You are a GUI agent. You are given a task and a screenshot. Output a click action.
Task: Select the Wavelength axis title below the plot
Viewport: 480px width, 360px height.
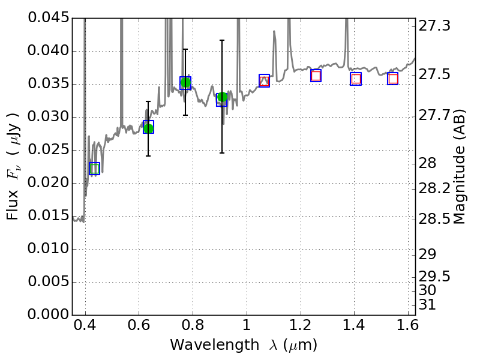243,346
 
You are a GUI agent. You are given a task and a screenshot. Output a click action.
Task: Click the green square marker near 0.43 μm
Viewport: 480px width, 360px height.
94,169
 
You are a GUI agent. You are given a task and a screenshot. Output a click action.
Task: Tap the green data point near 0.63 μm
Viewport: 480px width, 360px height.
148,127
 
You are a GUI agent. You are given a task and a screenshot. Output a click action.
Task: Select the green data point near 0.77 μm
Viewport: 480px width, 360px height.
185,83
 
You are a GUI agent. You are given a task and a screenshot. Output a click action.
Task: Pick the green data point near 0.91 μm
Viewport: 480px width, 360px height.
222,97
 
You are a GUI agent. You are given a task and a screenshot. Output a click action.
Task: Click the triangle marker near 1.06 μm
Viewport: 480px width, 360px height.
264,80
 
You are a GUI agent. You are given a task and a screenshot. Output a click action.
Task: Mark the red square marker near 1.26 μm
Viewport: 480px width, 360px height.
316,76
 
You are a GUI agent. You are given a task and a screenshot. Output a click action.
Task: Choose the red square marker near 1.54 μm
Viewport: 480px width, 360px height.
393,79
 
